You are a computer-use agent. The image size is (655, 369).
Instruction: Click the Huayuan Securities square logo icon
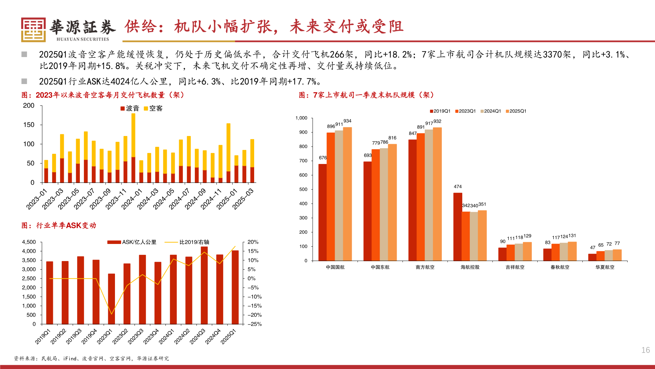33,30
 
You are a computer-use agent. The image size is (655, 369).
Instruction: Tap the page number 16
645,350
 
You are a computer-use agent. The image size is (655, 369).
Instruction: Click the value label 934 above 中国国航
347,121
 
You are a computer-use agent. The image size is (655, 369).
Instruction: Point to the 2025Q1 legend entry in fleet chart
516,111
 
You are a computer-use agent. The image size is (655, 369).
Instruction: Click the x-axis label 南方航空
425,267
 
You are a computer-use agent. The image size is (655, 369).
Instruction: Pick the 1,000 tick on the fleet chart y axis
301,118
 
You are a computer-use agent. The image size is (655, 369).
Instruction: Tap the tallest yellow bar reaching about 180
133,135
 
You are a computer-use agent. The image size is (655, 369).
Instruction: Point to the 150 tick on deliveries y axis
29,125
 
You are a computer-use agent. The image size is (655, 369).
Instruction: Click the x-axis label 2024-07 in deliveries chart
179,199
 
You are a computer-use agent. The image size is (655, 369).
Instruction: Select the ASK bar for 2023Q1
112,299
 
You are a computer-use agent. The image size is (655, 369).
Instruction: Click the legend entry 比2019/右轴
187,242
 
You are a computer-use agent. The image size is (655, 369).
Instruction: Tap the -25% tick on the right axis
254,324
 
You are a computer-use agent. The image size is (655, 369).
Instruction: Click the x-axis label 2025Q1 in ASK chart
228,337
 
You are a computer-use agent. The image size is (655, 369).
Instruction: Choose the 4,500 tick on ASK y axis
29,242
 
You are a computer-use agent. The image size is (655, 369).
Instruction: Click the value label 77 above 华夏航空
617,244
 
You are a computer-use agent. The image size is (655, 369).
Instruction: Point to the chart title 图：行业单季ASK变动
59,225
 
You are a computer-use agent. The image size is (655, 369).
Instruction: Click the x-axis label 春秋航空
560,267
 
